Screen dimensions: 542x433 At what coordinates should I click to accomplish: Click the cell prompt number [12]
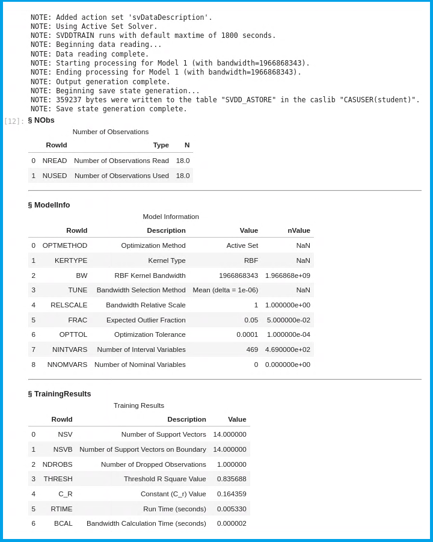pos(14,121)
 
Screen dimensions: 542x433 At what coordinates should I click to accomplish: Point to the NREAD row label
pos(55,161)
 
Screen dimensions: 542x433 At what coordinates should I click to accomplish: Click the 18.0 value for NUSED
pos(183,176)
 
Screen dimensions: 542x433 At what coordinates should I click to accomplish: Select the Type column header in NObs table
pos(161,145)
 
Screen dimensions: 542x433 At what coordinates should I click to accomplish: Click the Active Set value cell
pos(242,245)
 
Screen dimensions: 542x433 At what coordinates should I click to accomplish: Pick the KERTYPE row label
pos(71,260)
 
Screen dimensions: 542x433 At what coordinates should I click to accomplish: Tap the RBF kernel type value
pos(251,260)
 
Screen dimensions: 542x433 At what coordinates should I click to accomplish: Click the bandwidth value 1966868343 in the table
pos(238,276)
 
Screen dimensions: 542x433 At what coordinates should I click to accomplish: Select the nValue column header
pos(299,230)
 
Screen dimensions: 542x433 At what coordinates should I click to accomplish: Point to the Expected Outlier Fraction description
pos(146,320)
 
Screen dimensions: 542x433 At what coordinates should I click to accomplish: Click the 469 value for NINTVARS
pos(252,350)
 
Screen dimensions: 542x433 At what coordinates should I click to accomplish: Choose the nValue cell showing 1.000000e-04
pos(287,334)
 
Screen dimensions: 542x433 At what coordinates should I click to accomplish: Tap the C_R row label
pos(65,494)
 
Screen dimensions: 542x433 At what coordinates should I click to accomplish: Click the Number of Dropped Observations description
pos(153,464)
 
